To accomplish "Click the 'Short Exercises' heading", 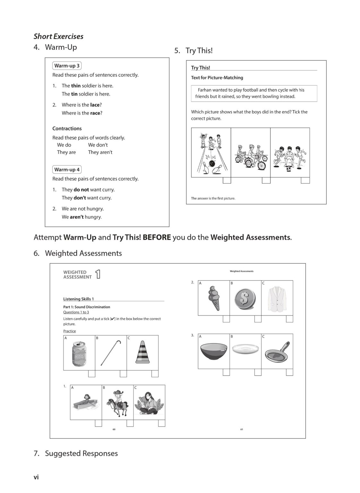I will tap(58, 36).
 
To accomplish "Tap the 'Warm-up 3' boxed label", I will tap(67, 66).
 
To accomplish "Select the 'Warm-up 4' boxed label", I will tap(67, 169).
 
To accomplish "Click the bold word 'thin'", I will tap(76, 86).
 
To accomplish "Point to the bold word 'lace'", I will tap(95, 105).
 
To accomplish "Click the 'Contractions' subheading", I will tap(67, 128).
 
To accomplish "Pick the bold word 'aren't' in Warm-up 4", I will tap(77, 217).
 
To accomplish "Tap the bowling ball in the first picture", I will tap(212, 163).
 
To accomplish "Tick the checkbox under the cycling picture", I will tap(266, 180).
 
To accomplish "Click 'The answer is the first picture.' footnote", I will tap(213, 198).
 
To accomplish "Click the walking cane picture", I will tap(111, 353).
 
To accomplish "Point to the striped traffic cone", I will tap(142, 352).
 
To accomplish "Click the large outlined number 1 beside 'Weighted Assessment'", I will tap(98, 274).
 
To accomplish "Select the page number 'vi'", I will tap(36, 477).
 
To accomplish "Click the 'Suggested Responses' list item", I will tap(81, 453).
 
